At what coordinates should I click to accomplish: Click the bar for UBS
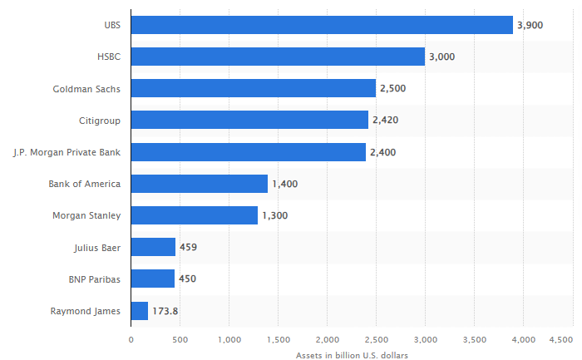click(x=322, y=25)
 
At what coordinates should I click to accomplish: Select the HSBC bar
click(x=278, y=57)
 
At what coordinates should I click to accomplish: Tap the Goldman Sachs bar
click(x=253, y=88)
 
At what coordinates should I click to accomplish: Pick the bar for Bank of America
click(x=199, y=184)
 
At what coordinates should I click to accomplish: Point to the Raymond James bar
click(x=139, y=311)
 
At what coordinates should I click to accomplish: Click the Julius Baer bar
click(x=153, y=247)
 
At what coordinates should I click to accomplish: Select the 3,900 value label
click(x=530, y=26)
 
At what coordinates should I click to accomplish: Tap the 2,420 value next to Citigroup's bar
click(x=386, y=121)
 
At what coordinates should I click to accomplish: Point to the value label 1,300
click(x=275, y=216)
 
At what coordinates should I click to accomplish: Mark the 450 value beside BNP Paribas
click(x=187, y=279)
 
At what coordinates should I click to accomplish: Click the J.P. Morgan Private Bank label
click(x=67, y=152)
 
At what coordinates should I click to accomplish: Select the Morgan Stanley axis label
click(x=87, y=216)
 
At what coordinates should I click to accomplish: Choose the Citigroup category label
click(x=99, y=121)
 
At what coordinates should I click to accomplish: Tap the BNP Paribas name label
click(x=95, y=279)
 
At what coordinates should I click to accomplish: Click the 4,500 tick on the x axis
click(x=561, y=339)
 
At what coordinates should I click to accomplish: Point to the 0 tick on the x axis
click(x=131, y=339)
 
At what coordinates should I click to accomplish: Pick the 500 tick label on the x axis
click(x=180, y=339)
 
